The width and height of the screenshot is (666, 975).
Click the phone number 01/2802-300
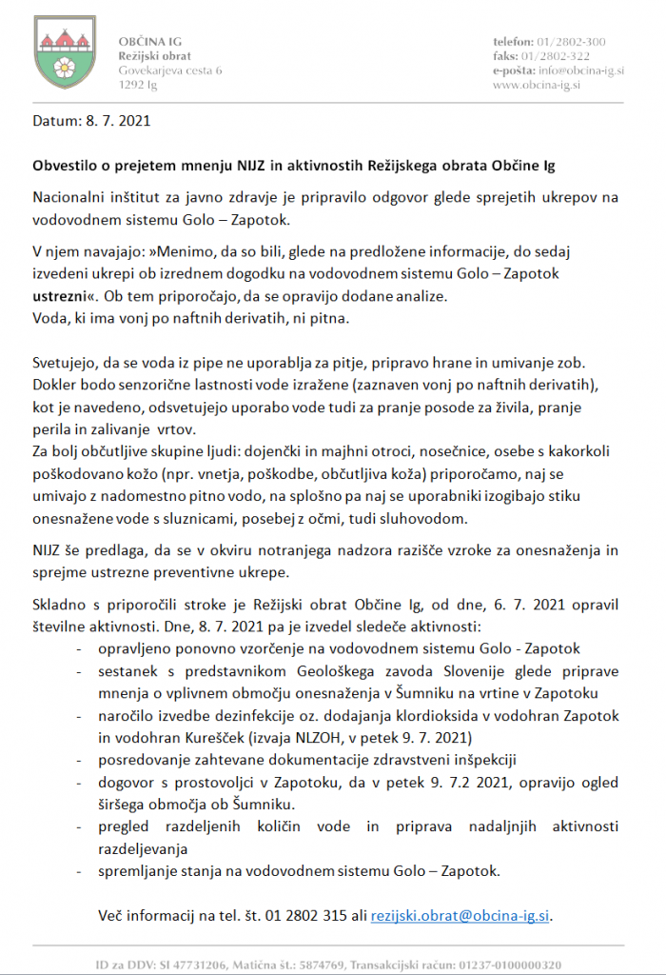pos(572,43)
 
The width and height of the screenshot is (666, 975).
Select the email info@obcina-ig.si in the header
pos(573,70)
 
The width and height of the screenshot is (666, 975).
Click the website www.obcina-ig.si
pos(537,85)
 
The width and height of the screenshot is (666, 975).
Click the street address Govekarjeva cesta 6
pos(169,70)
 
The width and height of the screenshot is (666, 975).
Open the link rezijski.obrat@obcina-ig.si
pos(460,916)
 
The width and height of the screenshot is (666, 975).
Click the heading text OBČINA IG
pos(150,43)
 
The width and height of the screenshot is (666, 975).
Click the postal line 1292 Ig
pos(138,85)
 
